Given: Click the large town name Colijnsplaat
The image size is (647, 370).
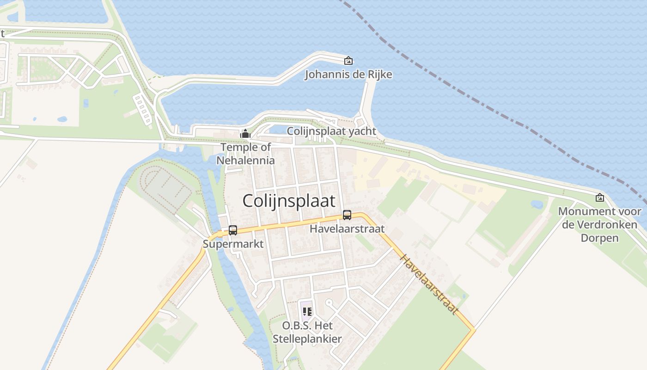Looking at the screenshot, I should (289, 201).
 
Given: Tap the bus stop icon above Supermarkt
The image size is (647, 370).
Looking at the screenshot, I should (233, 230).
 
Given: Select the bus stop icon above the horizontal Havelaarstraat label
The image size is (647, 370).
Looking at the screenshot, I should (347, 215).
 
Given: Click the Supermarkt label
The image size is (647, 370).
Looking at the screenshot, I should (233, 244).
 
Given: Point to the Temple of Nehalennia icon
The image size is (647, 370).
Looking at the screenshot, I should (245, 134).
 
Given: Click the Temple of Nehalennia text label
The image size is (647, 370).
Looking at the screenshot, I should (246, 154).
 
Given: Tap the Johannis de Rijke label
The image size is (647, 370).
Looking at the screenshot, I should (348, 74).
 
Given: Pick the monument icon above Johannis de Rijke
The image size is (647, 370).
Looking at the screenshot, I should (348, 61).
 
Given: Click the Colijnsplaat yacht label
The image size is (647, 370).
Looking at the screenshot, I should (331, 131).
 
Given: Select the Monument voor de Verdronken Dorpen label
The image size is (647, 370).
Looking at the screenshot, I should (599, 225).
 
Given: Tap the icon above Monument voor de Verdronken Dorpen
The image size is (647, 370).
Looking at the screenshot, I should (600, 197).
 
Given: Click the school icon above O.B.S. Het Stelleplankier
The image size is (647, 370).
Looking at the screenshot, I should (307, 311).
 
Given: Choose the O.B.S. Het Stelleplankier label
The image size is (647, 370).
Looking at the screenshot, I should (307, 332).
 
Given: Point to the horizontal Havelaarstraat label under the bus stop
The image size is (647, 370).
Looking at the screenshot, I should (347, 229).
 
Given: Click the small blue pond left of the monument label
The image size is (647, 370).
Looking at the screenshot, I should (537, 204).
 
